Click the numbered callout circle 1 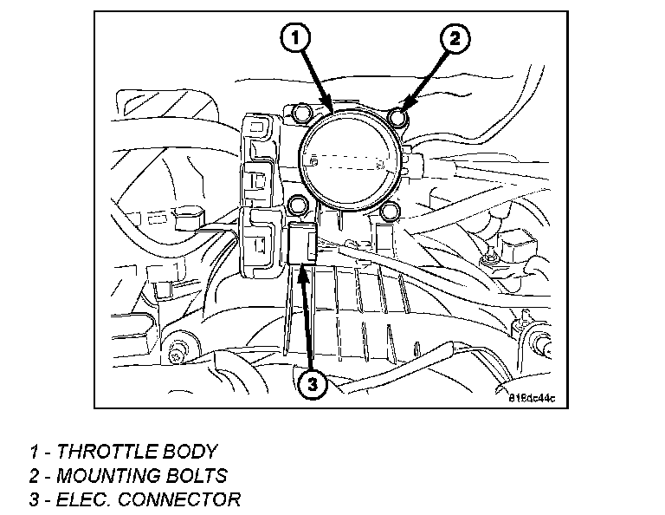[x=295, y=37]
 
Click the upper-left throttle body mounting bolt [x=303, y=113]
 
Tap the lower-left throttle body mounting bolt [x=299, y=205]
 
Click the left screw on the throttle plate [x=315, y=159]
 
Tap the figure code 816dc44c [x=531, y=399]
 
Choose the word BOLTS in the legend [x=199, y=475]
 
